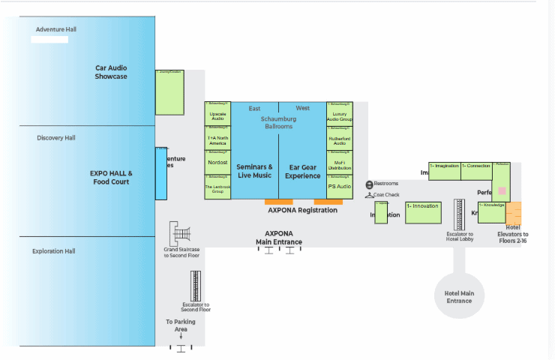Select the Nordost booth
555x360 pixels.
217,162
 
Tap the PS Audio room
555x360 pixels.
339,186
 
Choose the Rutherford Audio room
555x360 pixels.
339,139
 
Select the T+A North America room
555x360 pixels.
217,139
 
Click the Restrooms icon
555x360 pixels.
369,184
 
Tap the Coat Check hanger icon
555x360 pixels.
369,195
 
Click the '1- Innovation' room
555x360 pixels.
423,212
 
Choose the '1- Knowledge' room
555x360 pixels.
492,211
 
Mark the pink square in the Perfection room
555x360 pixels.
502,191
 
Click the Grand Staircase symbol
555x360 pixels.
181,232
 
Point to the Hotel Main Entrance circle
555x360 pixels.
459,293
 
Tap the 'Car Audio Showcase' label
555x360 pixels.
111,72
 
